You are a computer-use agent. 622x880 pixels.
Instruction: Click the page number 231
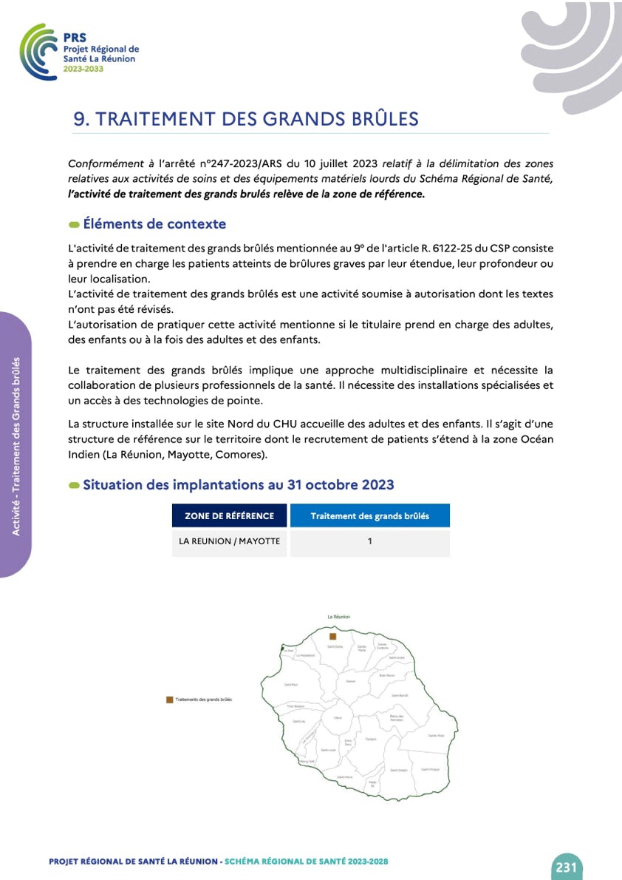tap(567, 867)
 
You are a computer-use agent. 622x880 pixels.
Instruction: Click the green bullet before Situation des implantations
tap(74, 485)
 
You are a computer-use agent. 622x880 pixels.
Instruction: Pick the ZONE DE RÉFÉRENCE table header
tap(229, 516)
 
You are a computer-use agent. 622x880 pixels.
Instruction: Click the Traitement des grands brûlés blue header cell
tap(369, 516)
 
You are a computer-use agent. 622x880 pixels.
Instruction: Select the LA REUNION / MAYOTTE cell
tap(229, 541)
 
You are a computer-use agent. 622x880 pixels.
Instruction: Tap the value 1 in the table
tap(369, 541)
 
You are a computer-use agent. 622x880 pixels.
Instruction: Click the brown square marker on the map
tap(333, 636)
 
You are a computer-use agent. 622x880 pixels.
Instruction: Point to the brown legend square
tap(169, 699)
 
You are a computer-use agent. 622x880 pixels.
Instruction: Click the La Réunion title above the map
tap(338, 617)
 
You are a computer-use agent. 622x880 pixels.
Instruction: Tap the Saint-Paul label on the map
tap(291, 685)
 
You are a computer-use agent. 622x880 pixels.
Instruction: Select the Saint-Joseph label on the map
tap(398, 770)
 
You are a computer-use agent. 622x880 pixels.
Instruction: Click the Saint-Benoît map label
tap(400, 696)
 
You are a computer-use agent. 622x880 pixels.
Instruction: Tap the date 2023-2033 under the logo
tap(83, 68)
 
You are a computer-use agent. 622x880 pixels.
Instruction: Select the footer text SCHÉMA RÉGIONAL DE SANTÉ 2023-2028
tap(306, 862)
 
